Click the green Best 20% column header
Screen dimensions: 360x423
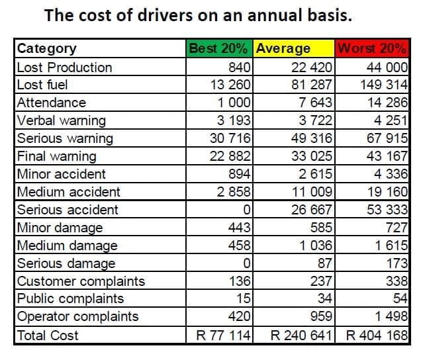[219, 48]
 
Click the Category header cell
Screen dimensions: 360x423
[46, 48]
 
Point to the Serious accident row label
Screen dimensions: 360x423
[67, 210]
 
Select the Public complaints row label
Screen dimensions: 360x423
[70, 298]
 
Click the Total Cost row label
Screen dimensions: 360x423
[48, 335]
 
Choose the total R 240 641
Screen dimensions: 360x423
[301, 335]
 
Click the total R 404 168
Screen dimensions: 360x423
[377, 335]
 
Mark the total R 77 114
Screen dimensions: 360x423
[224, 335]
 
